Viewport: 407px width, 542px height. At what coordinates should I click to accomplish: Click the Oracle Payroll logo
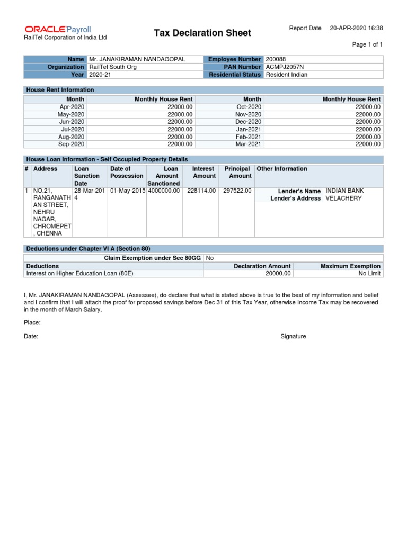(x=58, y=29)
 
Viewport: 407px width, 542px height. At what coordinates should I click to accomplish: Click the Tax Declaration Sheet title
(x=202, y=33)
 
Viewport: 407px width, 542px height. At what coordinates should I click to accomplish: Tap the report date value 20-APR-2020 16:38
(x=356, y=28)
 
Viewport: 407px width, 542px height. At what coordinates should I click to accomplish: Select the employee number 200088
(x=276, y=59)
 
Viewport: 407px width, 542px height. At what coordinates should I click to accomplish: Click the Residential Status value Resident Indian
(x=286, y=75)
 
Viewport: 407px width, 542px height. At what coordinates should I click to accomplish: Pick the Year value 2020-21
(x=100, y=75)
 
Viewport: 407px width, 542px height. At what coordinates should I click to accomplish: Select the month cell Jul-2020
(x=73, y=129)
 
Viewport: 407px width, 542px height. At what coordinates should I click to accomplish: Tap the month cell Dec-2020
(x=249, y=122)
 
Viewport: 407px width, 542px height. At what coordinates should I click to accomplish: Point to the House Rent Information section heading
(x=60, y=90)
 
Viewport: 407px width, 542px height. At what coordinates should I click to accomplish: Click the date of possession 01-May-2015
(x=127, y=191)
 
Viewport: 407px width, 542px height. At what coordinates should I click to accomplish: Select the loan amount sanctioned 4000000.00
(x=164, y=191)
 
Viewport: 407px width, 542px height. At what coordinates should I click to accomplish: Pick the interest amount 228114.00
(x=201, y=191)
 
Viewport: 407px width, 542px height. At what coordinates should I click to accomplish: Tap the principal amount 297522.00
(x=237, y=191)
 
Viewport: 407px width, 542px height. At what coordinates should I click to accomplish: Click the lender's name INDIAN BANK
(x=344, y=191)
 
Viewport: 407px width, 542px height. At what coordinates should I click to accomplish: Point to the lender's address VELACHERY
(x=343, y=198)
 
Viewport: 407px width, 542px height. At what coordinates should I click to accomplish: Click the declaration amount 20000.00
(x=278, y=274)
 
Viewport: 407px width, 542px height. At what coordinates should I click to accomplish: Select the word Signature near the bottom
(x=293, y=337)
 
